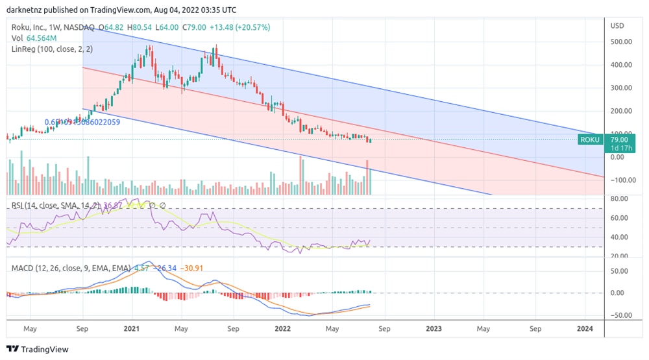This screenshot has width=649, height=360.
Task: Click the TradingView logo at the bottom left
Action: [37, 349]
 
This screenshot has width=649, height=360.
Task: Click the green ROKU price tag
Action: [589, 139]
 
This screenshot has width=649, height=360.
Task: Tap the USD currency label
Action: [618, 26]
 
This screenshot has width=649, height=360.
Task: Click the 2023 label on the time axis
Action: [434, 329]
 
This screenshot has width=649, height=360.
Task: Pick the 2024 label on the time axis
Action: [585, 329]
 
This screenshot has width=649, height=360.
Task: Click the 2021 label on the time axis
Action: [131, 329]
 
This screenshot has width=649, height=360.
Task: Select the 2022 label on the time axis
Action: [283, 329]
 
